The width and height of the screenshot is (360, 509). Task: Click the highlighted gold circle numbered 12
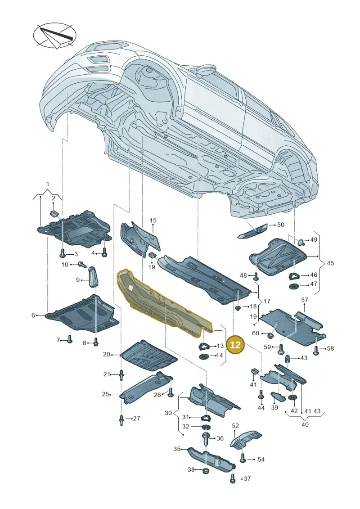tap(235, 344)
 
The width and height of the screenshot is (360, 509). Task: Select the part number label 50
tap(280, 225)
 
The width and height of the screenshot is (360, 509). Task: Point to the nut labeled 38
tap(205, 470)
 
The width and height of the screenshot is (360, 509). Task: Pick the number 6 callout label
tap(33, 315)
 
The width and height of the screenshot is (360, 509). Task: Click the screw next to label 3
tap(63, 253)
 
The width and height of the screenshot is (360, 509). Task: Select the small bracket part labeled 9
tap(93, 276)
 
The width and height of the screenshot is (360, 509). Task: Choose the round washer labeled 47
tap(294, 286)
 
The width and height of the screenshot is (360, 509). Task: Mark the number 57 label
tap(305, 300)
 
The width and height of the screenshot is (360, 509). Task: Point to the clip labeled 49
tap(301, 241)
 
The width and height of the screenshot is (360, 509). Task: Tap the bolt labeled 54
tap(243, 459)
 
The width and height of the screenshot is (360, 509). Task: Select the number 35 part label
tap(176, 449)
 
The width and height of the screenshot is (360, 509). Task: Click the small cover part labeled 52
tap(246, 440)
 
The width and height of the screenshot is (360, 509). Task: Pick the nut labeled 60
tap(270, 334)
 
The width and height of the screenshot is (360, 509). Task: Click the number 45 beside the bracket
tap(330, 263)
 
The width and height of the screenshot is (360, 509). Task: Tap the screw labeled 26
tap(171, 393)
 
